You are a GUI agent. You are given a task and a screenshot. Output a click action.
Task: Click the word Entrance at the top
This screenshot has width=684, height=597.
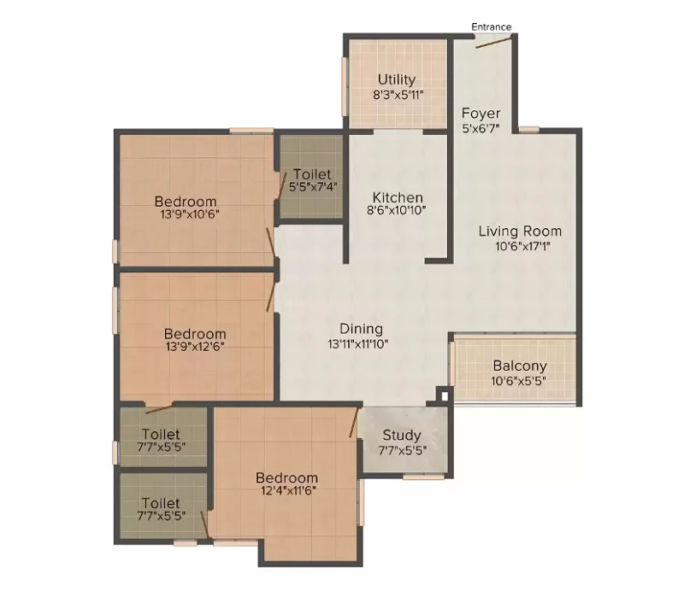491,27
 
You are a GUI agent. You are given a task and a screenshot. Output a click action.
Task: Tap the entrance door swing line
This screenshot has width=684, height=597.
493,43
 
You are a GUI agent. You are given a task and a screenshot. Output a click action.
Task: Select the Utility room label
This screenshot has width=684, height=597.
397,79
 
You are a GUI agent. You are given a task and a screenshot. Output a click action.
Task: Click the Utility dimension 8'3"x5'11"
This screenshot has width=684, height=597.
398,95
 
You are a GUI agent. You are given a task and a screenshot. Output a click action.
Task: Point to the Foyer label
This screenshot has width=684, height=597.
481,114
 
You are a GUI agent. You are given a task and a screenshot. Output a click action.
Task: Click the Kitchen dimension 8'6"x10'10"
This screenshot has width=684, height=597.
397,210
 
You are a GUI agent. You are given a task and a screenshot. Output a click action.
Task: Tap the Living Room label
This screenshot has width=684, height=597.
520,231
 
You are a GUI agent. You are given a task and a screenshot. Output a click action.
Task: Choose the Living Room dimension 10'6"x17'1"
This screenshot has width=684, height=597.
522,246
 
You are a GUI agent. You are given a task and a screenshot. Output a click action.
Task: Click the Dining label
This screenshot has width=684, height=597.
361,329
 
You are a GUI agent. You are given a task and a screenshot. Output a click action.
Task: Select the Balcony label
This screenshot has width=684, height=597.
520,366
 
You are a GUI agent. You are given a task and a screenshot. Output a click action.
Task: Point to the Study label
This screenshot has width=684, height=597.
402,435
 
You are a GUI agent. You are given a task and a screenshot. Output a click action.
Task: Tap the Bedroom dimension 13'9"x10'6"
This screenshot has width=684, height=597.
190,214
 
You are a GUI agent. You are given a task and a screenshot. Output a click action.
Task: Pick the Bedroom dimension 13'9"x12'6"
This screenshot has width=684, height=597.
195,347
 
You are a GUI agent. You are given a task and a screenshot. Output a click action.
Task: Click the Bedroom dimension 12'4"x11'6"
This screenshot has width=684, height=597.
288,491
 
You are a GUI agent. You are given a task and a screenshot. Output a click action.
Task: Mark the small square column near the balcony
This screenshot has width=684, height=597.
444,395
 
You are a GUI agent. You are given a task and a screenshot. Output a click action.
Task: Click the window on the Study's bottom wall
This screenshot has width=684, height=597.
423,477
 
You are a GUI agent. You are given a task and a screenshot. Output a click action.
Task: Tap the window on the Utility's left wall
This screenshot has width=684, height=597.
345,87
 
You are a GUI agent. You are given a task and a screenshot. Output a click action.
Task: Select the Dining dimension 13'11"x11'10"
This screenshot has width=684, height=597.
358,344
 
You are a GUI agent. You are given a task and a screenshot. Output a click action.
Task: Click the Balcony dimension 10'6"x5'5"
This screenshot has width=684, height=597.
519,381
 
